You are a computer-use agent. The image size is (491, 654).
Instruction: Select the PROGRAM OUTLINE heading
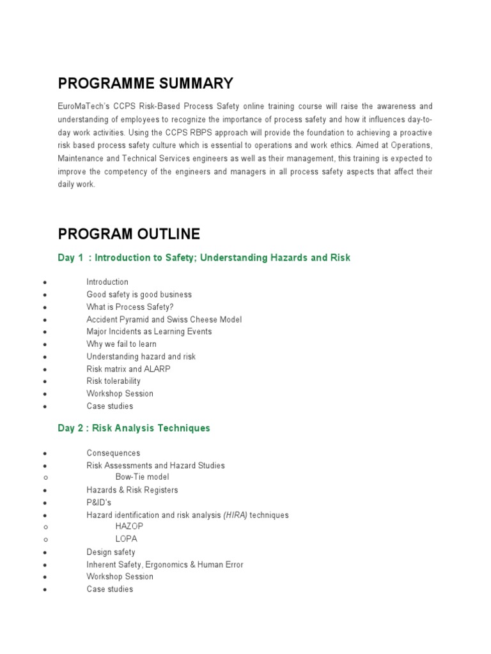coord(129,234)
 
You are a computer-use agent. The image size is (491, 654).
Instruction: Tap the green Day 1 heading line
coord(204,257)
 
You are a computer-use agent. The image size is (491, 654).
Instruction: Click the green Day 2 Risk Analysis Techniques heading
coord(134,428)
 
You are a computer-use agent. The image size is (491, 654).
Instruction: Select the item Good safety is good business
coord(139,294)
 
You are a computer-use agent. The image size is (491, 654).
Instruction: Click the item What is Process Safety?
coord(130,307)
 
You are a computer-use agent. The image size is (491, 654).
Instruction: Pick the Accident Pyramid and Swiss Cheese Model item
coord(164,319)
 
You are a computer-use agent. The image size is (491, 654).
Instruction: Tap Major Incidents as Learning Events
coord(149,331)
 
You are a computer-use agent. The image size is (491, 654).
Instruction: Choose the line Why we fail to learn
coord(121,344)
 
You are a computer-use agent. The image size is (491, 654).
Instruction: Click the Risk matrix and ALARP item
coord(129,369)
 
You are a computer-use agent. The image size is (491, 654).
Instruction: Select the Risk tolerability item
coord(113,381)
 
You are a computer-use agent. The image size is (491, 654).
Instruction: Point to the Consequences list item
coord(113,453)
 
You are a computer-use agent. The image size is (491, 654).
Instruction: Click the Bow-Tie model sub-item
coord(142,477)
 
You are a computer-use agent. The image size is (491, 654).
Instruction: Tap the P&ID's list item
coord(98,503)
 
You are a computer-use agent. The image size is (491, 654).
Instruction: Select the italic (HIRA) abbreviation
coord(235,515)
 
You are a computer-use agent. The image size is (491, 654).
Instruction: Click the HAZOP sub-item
coord(129,526)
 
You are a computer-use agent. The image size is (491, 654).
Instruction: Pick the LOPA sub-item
coord(126,539)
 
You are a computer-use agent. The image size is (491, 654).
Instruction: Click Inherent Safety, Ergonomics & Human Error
coord(164,565)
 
